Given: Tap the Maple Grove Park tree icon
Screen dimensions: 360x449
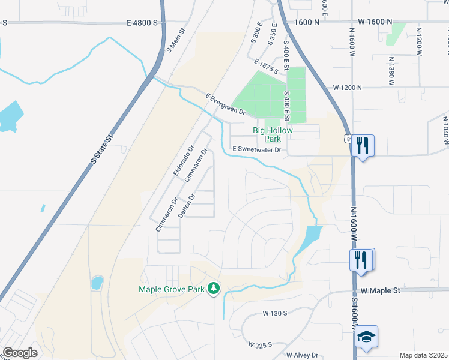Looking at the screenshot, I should [213, 289].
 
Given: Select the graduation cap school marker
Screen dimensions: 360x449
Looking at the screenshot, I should [366, 337].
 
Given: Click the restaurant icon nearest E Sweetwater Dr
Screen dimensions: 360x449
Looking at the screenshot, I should [362, 146].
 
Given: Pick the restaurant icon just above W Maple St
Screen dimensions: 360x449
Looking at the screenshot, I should [361, 259].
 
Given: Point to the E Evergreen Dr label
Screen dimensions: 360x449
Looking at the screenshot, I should [226, 104].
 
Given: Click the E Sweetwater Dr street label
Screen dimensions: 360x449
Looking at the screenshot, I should [257, 150].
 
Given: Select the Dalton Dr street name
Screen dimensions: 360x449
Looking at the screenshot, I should [188, 205].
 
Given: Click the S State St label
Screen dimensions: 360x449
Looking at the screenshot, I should [101, 149].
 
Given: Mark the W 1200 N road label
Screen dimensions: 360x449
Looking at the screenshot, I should [348, 88].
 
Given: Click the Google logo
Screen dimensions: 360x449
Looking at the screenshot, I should [20, 353].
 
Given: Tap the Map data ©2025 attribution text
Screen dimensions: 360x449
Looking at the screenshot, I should [423, 355].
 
